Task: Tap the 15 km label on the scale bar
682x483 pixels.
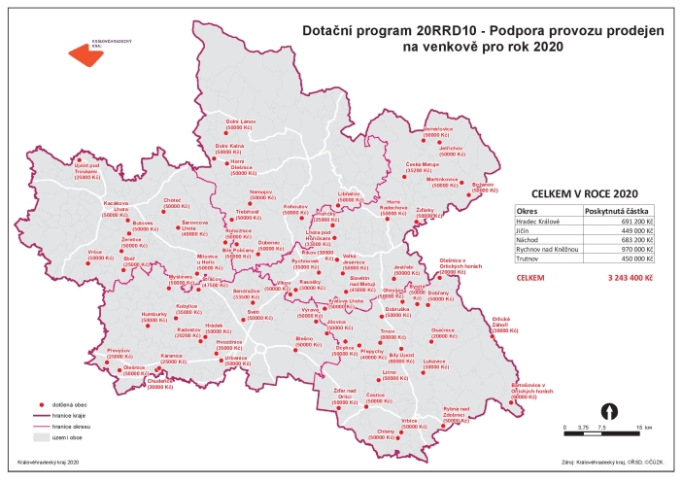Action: [644, 428]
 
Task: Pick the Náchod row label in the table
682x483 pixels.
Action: [528, 239]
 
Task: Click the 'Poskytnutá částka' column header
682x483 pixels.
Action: [618, 210]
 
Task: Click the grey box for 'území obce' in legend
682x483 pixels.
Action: [42, 438]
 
